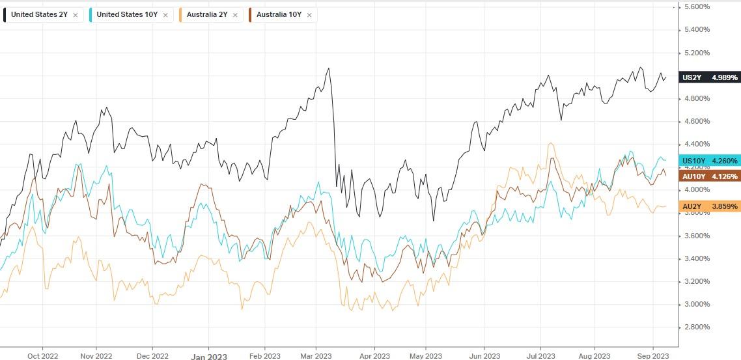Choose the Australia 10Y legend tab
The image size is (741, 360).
[x=279, y=14]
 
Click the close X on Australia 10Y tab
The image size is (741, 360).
[x=309, y=14]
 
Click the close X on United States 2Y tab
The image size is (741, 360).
[x=75, y=14]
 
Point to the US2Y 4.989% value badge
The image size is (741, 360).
[x=710, y=77]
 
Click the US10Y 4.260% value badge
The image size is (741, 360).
[x=710, y=161]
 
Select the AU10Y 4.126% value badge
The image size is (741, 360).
[x=710, y=176]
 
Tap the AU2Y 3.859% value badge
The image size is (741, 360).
[x=710, y=206]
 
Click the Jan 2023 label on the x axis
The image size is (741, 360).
[x=208, y=356]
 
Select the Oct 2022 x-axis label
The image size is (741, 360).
[x=42, y=355]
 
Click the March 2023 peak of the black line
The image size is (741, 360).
[x=328, y=68]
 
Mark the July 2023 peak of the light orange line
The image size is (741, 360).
[x=551, y=143]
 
